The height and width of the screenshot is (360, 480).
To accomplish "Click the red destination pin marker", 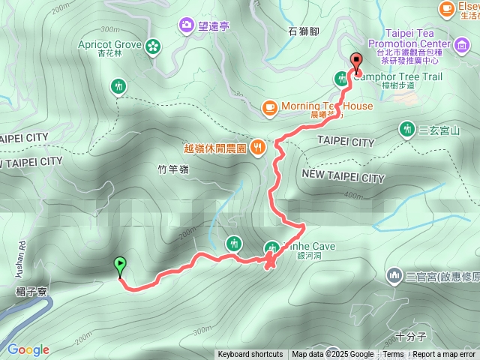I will pyautogui.click(x=356, y=63).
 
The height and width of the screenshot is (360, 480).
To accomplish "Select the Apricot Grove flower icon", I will pyautogui.click(x=154, y=46).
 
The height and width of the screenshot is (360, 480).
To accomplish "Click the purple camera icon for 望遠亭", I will pyautogui.click(x=185, y=26).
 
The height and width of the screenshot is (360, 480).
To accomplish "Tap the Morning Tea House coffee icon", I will pyautogui.click(x=269, y=106).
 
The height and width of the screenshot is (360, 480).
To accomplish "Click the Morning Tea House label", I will pyautogui.click(x=326, y=106).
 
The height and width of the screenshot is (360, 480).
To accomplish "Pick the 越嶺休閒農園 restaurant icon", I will pyautogui.click(x=257, y=147).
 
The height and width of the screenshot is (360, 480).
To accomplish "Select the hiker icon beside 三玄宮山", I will pyautogui.click(x=407, y=130).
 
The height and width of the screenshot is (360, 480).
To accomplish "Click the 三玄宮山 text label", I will pyautogui.click(x=438, y=130).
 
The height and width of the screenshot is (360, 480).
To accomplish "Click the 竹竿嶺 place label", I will pyautogui.click(x=173, y=169).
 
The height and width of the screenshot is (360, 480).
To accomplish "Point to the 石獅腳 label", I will pyautogui.click(x=304, y=31).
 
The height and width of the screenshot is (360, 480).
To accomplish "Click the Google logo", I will pyautogui.click(x=28, y=349).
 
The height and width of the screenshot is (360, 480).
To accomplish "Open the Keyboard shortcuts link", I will pyautogui.click(x=250, y=355).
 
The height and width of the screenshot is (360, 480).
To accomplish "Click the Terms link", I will pyautogui.click(x=393, y=355).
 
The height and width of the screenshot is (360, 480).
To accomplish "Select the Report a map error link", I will pyautogui.click(x=445, y=355).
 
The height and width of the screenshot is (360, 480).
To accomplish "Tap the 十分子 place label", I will pyautogui.click(x=412, y=335).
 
